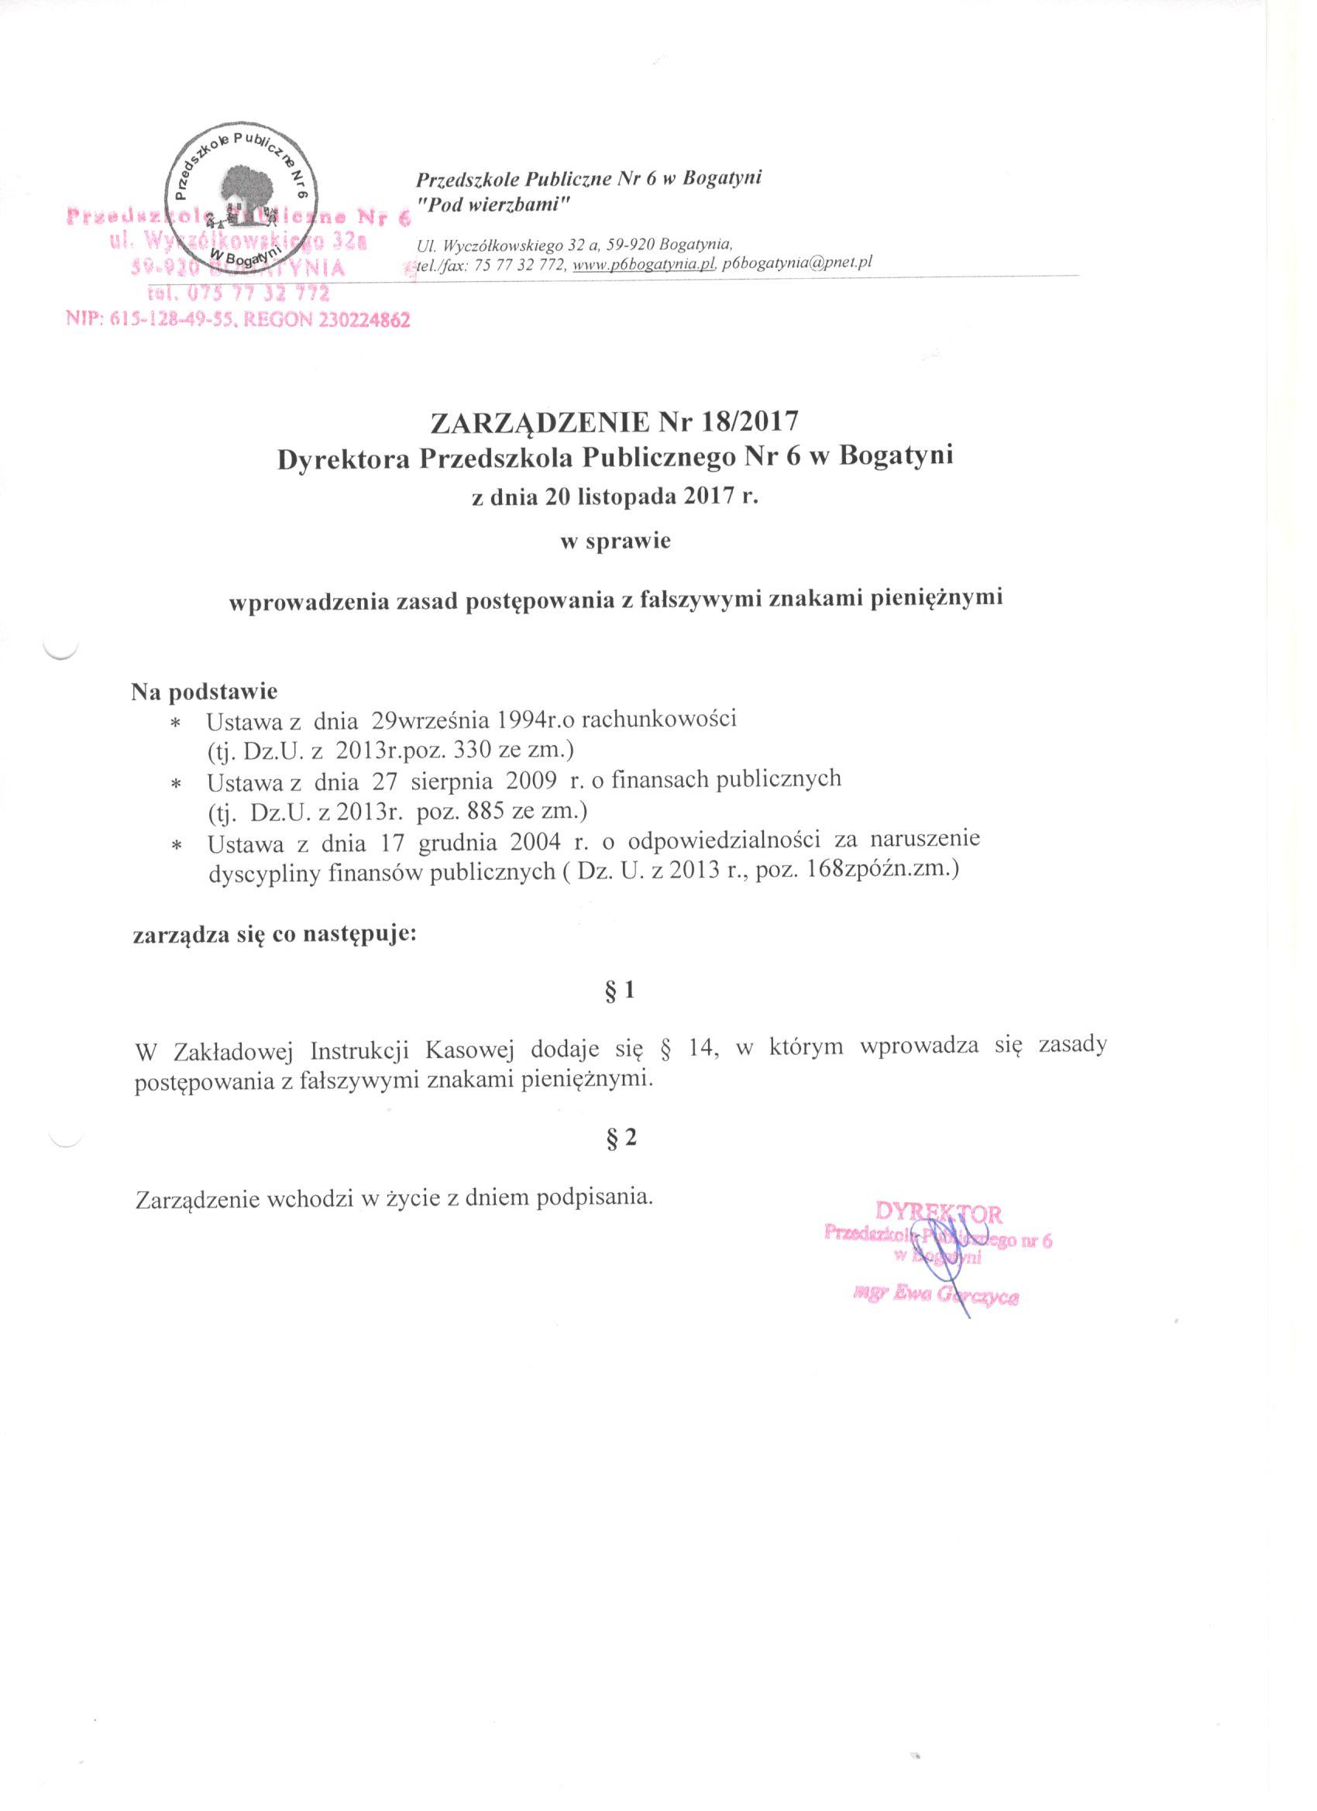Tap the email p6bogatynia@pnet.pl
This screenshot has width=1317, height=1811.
pyautogui.click(x=794, y=266)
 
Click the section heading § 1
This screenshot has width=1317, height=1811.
pyautogui.click(x=621, y=991)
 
